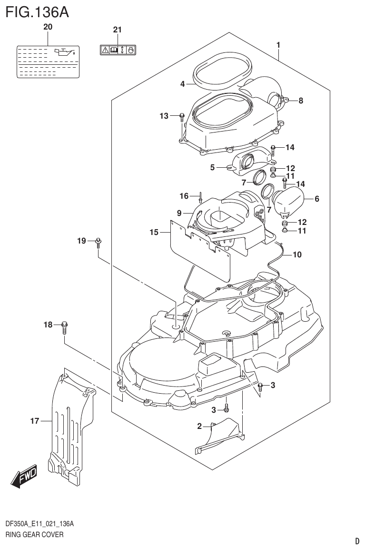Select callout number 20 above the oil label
[48, 28]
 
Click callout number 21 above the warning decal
[118, 30]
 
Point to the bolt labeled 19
[99, 242]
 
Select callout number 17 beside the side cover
[34, 421]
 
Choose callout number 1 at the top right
[278, 45]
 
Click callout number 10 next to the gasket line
[296, 255]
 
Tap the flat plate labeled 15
[200, 250]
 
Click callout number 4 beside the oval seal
[182, 84]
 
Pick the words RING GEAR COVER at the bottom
[34, 535]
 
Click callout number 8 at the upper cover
[300, 101]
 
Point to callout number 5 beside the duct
[213, 167]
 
